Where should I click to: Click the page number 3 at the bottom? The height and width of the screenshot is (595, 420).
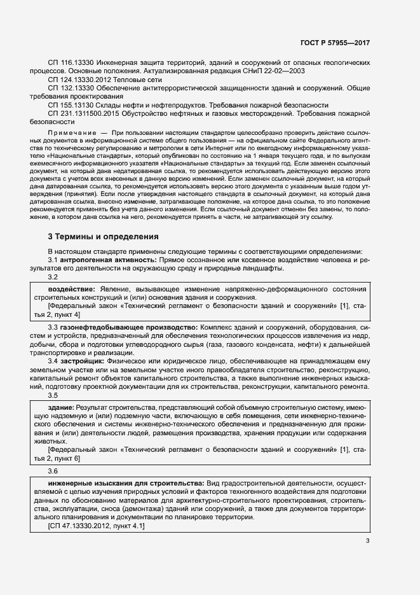(367, 541)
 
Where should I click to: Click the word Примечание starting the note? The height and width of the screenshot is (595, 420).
(69, 131)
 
